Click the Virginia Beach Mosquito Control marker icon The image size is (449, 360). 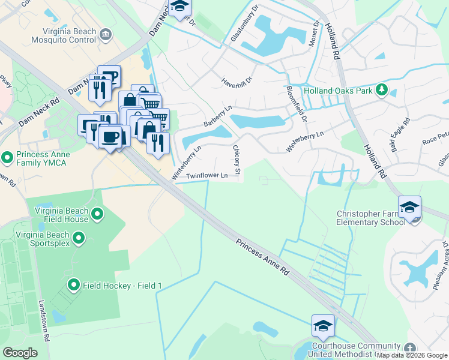tap(106, 34)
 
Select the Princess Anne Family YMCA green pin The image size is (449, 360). tap(7, 158)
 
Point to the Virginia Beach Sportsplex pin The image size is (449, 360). tap(78, 239)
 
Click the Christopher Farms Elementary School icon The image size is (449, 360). tap(409, 208)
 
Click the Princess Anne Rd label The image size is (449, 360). tap(263, 258)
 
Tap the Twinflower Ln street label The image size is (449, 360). tap(206, 176)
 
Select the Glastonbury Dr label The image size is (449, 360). tap(244, 27)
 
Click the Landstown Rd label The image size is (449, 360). tap(44, 322)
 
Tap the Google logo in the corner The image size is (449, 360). tap(20, 353)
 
